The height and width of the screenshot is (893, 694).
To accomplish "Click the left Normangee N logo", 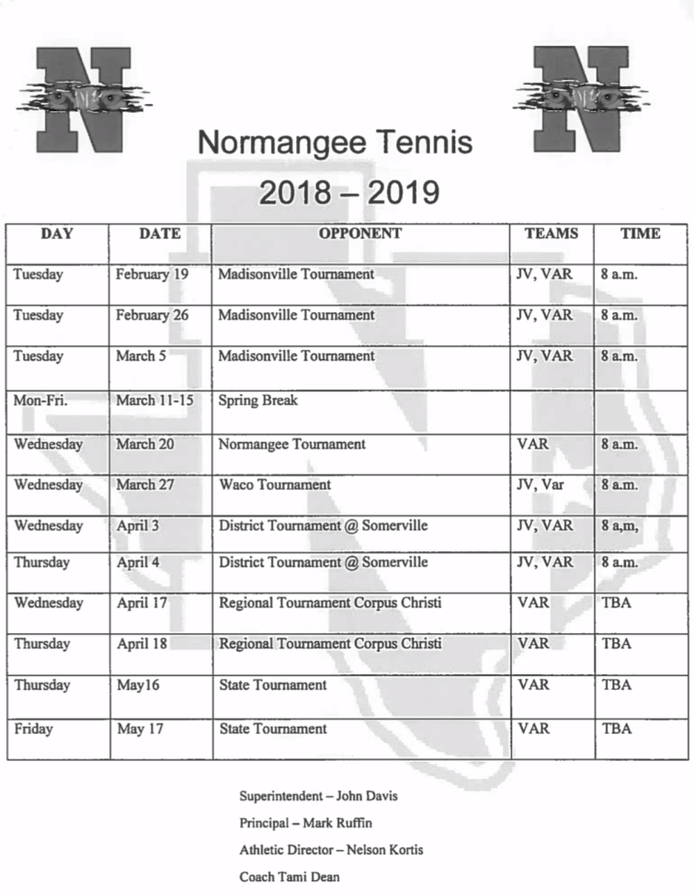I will click(83, 98).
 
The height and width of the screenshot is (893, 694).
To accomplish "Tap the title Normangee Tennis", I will click(335, 142).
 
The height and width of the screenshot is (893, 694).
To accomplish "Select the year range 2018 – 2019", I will click(348, 193).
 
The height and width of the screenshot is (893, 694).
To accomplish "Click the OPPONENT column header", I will click(360, 233).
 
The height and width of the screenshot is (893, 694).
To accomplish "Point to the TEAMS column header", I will click(552, 233).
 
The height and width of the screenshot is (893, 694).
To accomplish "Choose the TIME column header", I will click(640, 233).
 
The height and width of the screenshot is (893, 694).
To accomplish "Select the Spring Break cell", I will click(258, 401).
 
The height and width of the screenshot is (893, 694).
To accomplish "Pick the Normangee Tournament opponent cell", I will click(291, 444).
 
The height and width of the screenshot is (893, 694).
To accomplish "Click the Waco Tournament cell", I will click(275, 484).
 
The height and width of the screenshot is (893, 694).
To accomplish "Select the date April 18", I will click(142, 643).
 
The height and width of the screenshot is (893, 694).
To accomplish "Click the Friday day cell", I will click(33, 729).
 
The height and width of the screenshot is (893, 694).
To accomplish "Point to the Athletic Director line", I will click(331, 850).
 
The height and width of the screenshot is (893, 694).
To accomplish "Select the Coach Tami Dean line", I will click(290, 876).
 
